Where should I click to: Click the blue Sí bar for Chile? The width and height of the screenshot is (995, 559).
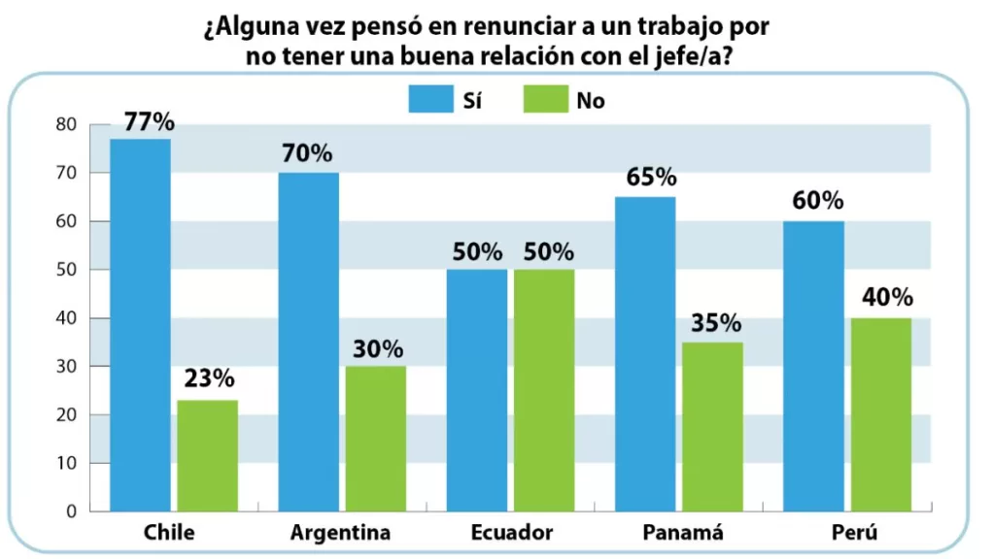pos(140,325)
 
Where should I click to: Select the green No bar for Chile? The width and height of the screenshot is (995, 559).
pos(207,456)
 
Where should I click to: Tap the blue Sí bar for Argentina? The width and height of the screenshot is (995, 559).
pos(308,342)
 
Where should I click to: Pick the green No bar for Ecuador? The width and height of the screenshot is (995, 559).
pos(544,390)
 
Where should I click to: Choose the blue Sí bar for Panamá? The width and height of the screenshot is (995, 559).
pos(645,354)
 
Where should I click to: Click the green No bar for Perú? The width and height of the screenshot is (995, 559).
pos(881,414)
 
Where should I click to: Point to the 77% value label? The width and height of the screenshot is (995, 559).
pos(149,122)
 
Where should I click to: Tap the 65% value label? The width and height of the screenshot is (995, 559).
pos(651,178)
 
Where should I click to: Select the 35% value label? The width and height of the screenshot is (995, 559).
pos(718,324)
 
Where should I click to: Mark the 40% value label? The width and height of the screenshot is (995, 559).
pos(888,299)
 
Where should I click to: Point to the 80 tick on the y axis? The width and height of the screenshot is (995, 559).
pos(66,124)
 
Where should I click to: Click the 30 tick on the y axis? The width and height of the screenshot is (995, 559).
pos(66,367)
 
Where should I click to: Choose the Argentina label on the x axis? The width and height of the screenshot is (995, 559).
pos(340,533)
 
